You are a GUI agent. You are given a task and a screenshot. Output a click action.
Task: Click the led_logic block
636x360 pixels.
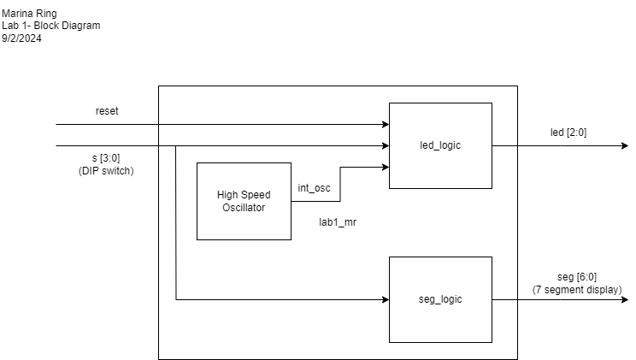point(440,145)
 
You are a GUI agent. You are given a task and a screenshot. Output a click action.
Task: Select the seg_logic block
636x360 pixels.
point(440,299)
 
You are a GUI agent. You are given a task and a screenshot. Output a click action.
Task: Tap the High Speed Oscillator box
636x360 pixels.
point(244,201)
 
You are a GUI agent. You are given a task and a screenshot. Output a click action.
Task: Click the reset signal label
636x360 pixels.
point(107,111)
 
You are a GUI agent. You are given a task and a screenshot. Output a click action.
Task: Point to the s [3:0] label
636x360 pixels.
point(106,158)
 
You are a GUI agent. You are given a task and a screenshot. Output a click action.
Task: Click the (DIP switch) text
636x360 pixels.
point(106,171)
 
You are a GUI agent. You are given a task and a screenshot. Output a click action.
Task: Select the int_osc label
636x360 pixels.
point(314,188)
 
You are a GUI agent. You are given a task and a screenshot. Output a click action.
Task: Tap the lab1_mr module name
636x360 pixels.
point(338,222)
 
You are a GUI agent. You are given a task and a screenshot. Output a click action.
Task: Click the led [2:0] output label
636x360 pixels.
point(568,133)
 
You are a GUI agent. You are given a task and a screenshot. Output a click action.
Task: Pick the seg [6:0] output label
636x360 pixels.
point(577,277)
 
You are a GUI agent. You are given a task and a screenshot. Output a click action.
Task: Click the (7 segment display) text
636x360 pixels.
point(577,290)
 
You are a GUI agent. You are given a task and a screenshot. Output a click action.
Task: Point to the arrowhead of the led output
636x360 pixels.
point(625,145)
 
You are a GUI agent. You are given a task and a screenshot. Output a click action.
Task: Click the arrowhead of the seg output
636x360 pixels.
point(625,299)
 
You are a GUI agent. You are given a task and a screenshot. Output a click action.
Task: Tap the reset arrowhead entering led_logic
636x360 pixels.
point(386,124)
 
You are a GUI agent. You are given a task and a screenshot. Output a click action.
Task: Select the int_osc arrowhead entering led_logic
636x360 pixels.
point(386,167)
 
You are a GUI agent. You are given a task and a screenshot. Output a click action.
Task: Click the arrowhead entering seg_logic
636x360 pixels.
point(386,299)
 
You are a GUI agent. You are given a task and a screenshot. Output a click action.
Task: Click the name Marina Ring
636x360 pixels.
point(29,14)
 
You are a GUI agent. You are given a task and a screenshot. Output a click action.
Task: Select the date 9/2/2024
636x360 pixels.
point(21,38)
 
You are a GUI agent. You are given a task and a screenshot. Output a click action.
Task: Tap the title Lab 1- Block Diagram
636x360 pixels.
point(50,26)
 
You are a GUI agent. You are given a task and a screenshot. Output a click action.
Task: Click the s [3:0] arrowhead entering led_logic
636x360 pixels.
point(386,145)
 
